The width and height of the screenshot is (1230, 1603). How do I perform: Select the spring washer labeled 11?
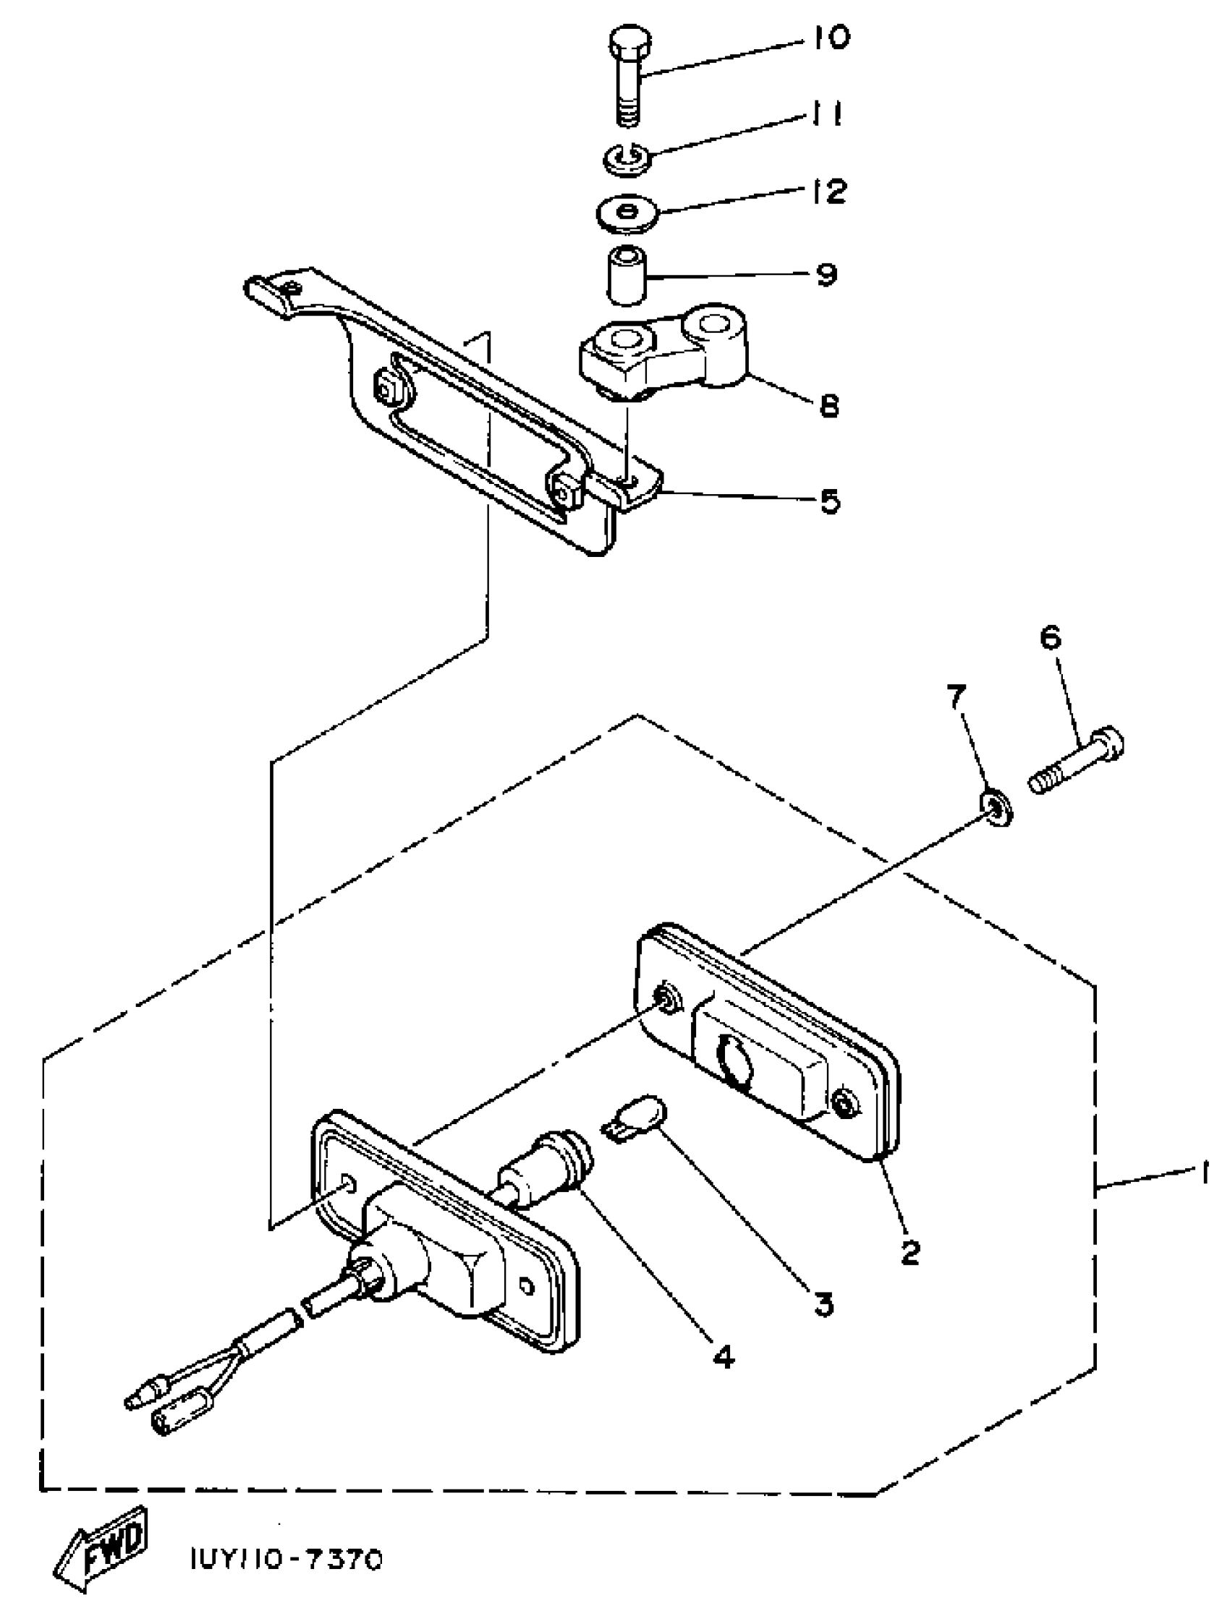[x=624, y=158]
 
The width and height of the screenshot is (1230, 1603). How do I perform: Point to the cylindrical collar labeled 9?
[x=627, y=276]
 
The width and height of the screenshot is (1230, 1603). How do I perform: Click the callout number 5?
[x=829, y=502]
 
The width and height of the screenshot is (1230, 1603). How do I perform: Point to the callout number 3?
[x=823, y=1303]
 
